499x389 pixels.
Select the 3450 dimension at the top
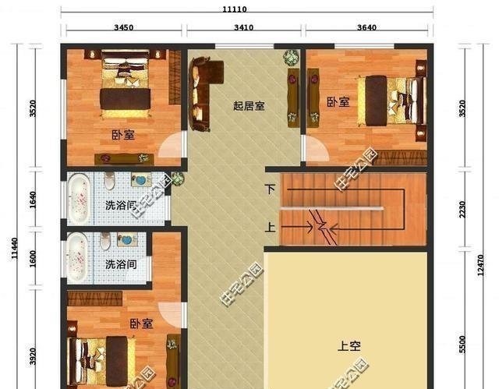point(124,27)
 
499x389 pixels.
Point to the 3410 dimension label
point(244,27)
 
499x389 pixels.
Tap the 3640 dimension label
point(366,27)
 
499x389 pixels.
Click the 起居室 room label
point(249,105)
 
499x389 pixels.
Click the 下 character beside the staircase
point(270,189)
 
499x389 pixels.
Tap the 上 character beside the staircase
point(270,228)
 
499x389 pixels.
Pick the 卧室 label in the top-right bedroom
point(338,101)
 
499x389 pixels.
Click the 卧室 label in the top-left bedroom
point(122,135)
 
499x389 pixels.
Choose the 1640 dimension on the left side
point(32,201)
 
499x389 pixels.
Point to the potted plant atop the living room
point(291,57)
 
